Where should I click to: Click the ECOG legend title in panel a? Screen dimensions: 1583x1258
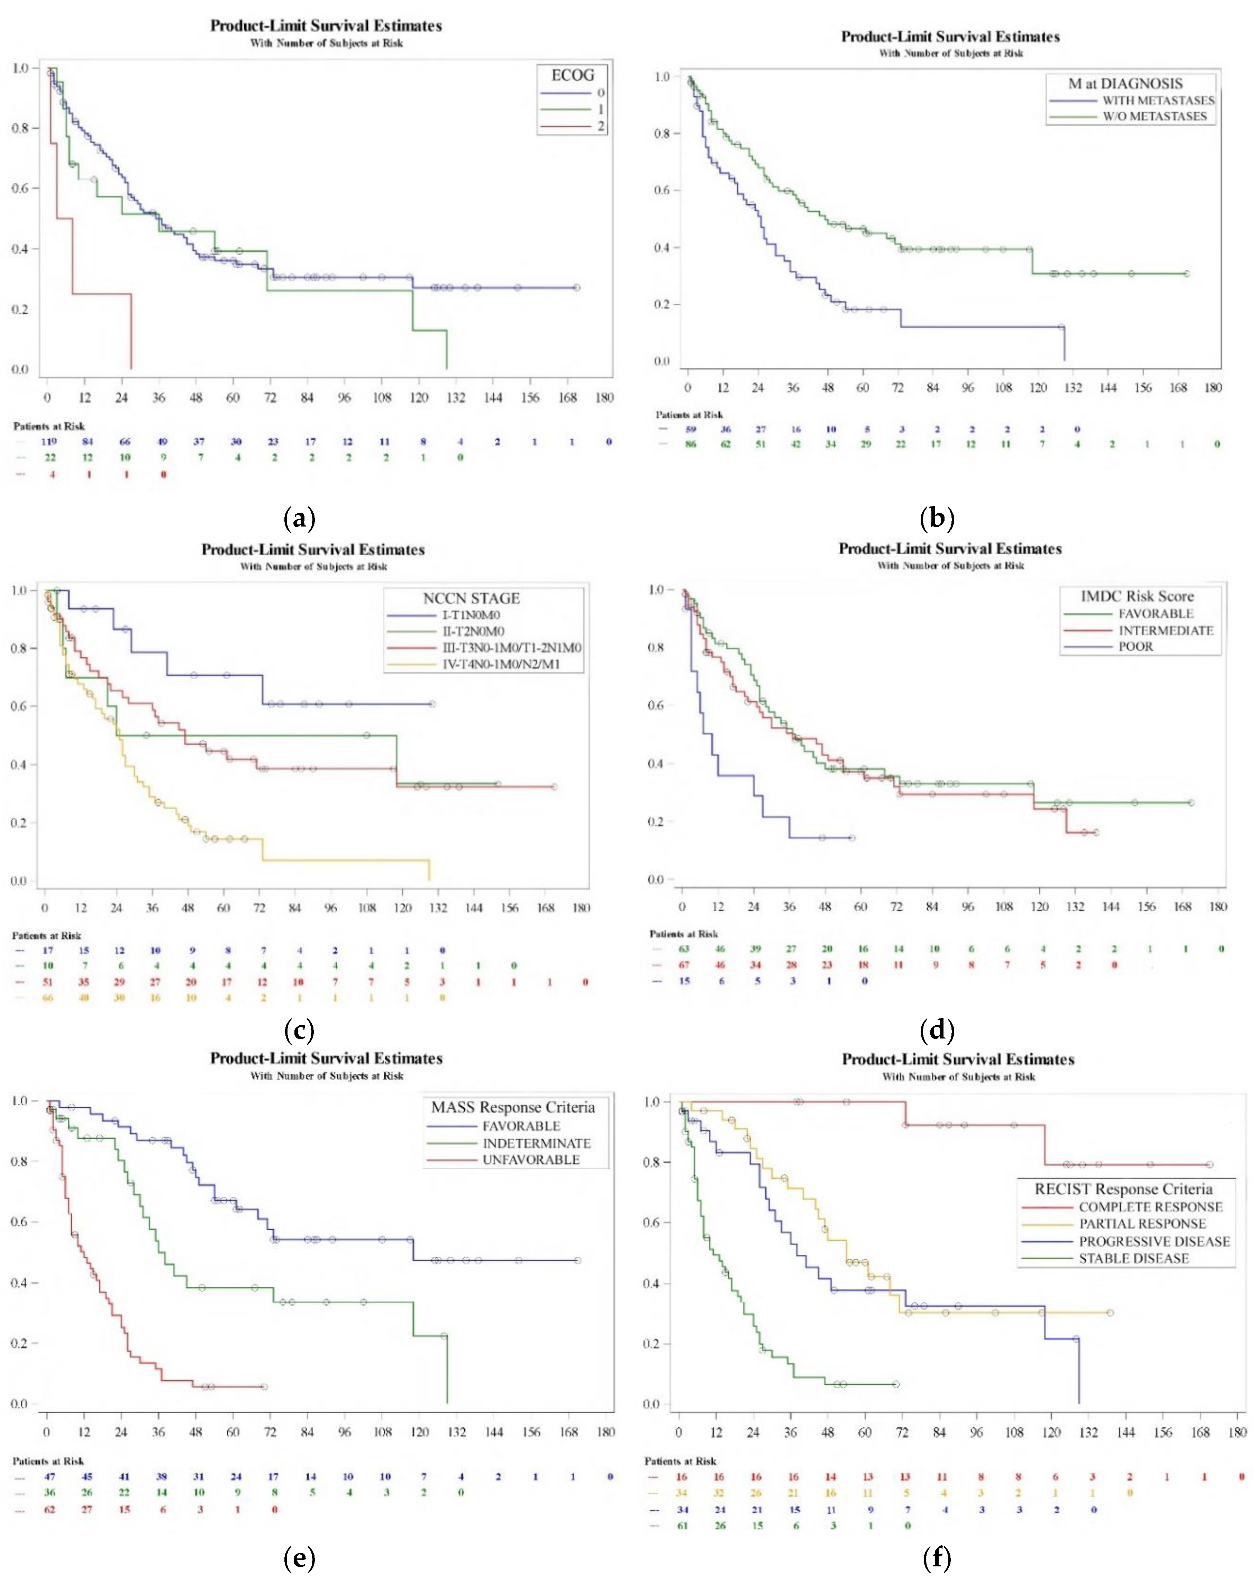click(573, 75)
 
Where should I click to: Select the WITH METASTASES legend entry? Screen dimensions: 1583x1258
click(1157, 101)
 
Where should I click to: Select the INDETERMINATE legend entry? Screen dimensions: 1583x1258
click(536, 1143)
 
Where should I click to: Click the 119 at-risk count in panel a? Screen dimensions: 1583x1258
click(49, 441)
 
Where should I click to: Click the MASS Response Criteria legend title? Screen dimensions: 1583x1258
click(512, 1107)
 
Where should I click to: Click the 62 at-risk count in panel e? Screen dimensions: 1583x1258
click(49, 1510)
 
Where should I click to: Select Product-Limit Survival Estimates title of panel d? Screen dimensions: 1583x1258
click(950, 548)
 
